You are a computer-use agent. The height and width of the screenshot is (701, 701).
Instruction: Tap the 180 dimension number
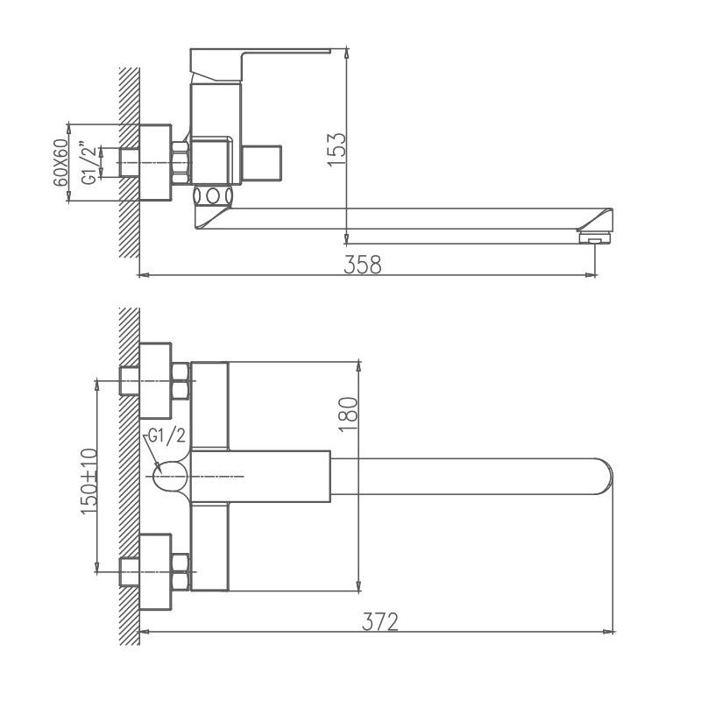coord(348,413)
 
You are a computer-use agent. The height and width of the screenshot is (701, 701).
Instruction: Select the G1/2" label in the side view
coord(87,162)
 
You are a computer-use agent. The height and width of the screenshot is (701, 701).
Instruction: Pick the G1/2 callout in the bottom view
coord(166,435)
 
